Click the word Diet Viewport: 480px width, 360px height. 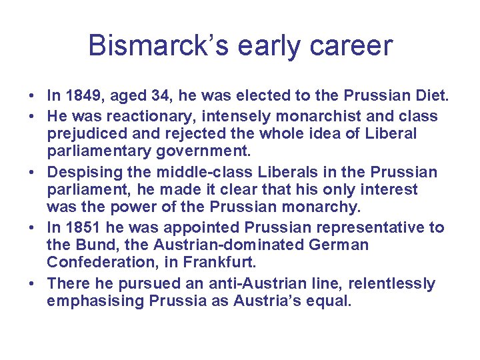pyautogui.click(x=432, y=98)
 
